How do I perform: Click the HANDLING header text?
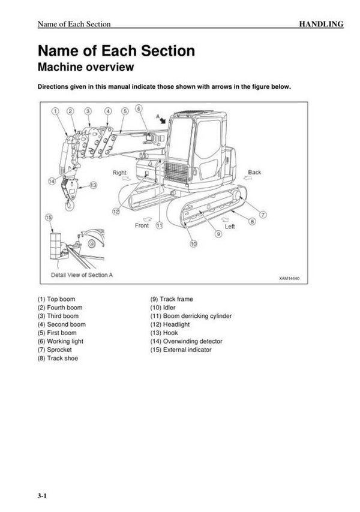tap(322, 24)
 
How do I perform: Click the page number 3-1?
tap(41, 495)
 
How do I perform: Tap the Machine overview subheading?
tap(86, 67)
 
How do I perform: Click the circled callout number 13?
tap(93, 185)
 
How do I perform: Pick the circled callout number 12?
tap(116, 211)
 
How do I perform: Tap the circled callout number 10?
tap(193, 243)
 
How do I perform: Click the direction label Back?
tap(254, 173)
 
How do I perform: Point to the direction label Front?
tap(142, 226)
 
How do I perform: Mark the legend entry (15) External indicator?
tap(181, 350)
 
